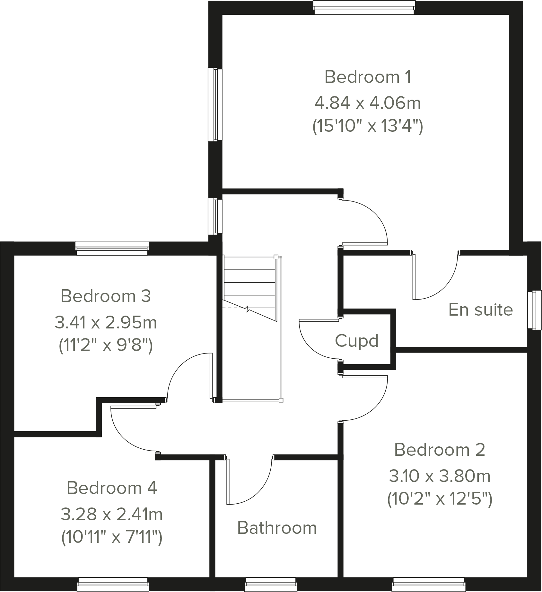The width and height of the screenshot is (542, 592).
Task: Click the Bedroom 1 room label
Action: click(368, 77)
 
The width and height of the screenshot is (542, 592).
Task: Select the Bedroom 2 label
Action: click(440, 450)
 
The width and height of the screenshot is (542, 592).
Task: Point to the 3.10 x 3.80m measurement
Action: click(440, 476)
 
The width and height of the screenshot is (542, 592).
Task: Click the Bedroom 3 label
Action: click(106, 296)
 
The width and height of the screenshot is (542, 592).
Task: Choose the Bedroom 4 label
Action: click(112, 488)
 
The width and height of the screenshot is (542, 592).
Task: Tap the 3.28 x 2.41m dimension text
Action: click(112, 514)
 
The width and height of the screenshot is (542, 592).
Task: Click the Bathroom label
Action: click(277, 528)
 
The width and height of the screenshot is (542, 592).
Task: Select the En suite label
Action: click(480, 310)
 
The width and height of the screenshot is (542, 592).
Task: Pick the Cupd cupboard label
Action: click(357, 341)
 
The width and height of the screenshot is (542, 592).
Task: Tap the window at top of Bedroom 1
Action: click(364, 7)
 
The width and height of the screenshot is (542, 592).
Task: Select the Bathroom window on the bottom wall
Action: click(270, 584)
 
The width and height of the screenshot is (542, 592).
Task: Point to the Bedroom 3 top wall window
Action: click(112, 248)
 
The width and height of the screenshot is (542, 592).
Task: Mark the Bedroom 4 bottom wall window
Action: click(113, 584)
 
